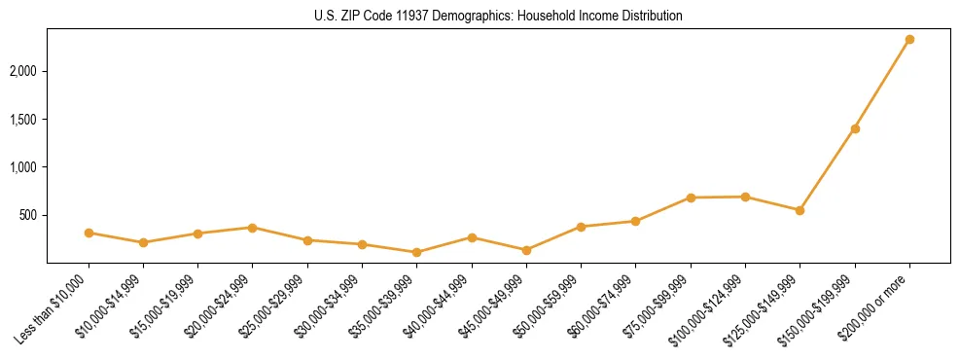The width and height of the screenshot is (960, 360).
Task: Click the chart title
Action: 498,17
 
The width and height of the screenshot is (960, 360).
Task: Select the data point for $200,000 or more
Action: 909,40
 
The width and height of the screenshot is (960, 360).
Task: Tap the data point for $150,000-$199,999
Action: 855,128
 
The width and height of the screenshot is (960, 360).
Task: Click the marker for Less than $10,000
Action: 89,233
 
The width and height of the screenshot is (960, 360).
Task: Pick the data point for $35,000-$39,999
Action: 416,252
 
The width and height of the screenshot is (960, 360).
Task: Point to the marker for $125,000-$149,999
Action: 800,210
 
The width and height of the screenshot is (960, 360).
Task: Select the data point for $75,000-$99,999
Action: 691,198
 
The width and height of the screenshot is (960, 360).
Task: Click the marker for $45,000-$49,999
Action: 526,250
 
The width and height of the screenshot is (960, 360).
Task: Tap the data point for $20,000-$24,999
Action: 252,228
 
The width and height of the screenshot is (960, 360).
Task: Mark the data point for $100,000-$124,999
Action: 745,197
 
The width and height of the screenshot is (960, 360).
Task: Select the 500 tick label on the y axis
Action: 29,215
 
